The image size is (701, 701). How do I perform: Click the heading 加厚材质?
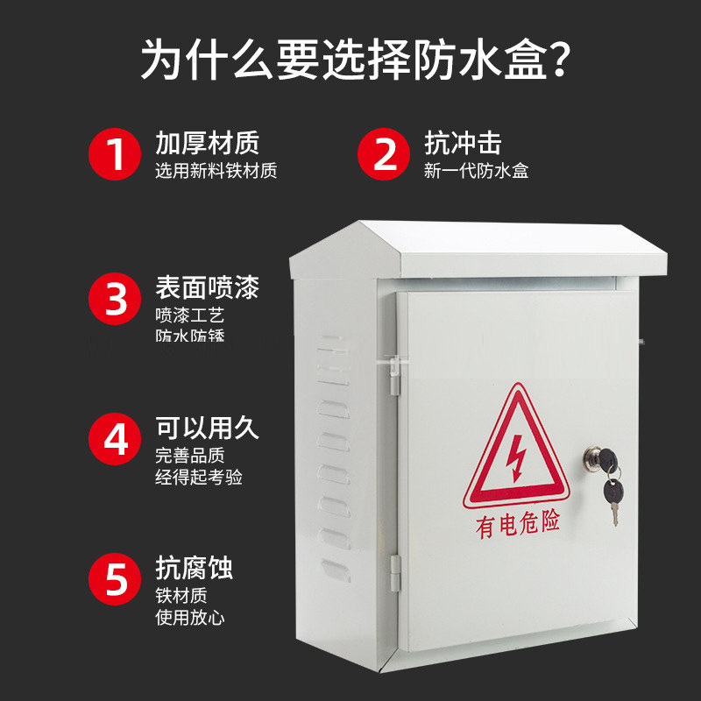207,143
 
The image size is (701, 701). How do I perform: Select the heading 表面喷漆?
207,287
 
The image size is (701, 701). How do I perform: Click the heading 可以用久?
207,428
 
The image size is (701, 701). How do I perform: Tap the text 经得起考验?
198,478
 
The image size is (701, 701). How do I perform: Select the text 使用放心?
189,618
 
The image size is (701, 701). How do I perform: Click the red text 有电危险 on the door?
517,526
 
